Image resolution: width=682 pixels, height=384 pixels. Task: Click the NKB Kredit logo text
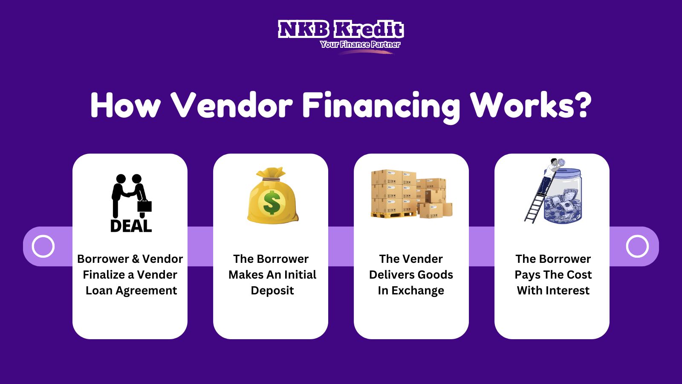(x=341, y=29)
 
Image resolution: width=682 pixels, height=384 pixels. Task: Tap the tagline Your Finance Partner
(x=360, y=44)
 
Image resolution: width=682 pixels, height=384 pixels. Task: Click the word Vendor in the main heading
(x=231, y=105)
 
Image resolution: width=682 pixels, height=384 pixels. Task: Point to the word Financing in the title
(x=381, y=107)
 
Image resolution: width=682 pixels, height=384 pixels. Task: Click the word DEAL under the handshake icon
(x=131, y=226)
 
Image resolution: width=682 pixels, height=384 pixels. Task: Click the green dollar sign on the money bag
(x=272, y=202)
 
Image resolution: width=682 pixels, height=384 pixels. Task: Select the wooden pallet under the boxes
(x=394, y=215)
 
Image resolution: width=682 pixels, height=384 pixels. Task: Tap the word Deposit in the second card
(x=272, y=291)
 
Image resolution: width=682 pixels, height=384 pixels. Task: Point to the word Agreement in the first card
(x=146, y=291)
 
